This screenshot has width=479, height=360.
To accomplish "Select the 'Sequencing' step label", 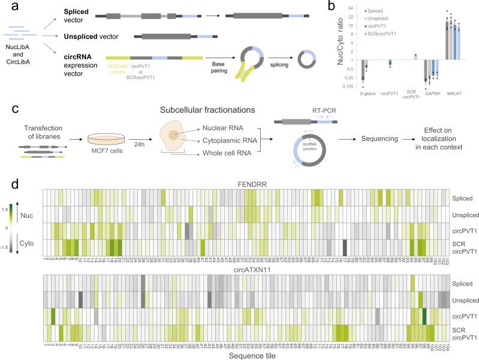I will point(377,137).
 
